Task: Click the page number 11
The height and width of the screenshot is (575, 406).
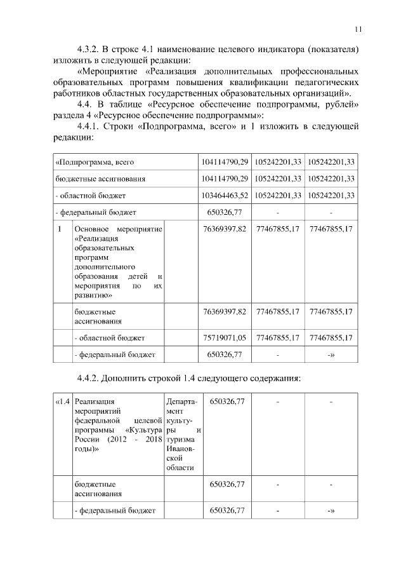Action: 358,29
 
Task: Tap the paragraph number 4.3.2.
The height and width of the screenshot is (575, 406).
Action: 89,48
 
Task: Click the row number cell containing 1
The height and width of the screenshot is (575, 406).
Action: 60,229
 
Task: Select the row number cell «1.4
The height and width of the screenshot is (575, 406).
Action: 62,402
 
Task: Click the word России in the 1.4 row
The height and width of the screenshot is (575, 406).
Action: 87,439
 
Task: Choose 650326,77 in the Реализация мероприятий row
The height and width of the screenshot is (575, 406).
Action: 226,402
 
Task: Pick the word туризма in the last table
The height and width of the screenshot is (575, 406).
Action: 181,439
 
